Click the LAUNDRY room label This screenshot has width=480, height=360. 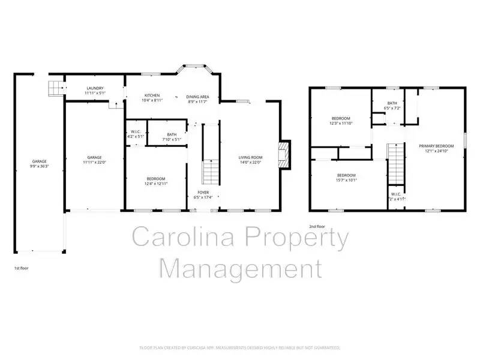[x=95, y=88]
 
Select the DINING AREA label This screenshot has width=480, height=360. [x=197, y=96]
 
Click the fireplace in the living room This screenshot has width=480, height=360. [x=284, y=153]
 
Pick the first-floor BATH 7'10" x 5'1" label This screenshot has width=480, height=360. [x=172, y=134]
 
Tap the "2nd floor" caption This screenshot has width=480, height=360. [x=317, y=226]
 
